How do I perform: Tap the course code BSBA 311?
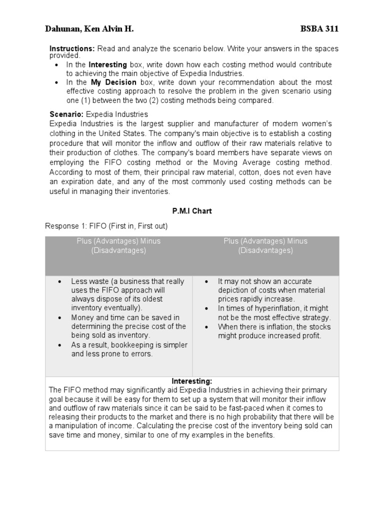(319, 28)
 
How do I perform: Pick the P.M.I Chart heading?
(191, 211)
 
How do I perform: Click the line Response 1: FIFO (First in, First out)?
(106, 226)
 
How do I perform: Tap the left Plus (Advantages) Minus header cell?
(118, 245)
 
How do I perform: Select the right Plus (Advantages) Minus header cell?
(265, 245)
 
